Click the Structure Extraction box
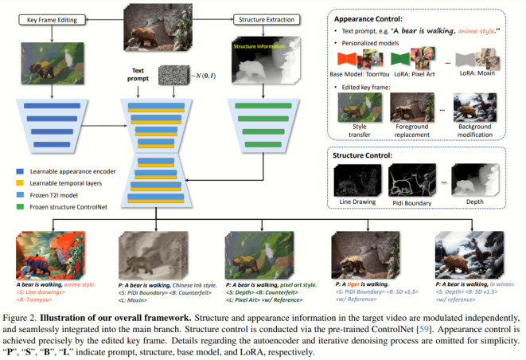263,18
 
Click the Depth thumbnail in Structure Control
473,178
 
